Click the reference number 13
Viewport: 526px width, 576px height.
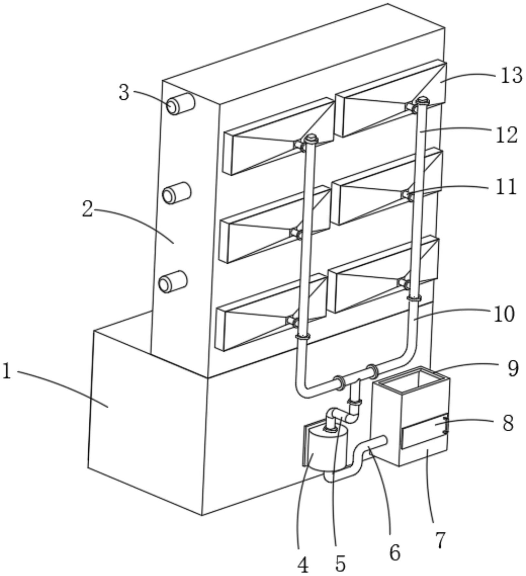pos(511,75)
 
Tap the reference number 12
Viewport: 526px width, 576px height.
pos(507,135)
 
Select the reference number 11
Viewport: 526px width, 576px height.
pos(506,187)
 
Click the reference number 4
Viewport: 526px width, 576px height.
pos(303,565)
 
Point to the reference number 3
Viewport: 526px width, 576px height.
pos(124,93)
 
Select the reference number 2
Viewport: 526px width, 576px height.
pos(87,209)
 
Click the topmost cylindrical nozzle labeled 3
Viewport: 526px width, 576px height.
pos(180,104)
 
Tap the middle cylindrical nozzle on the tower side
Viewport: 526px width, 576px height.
pos(176,193)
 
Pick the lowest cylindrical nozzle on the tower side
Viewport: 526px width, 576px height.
pos(173,282)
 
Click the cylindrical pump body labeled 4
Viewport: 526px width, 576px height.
pos(325,450)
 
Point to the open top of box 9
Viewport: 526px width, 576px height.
pos(414,379)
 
